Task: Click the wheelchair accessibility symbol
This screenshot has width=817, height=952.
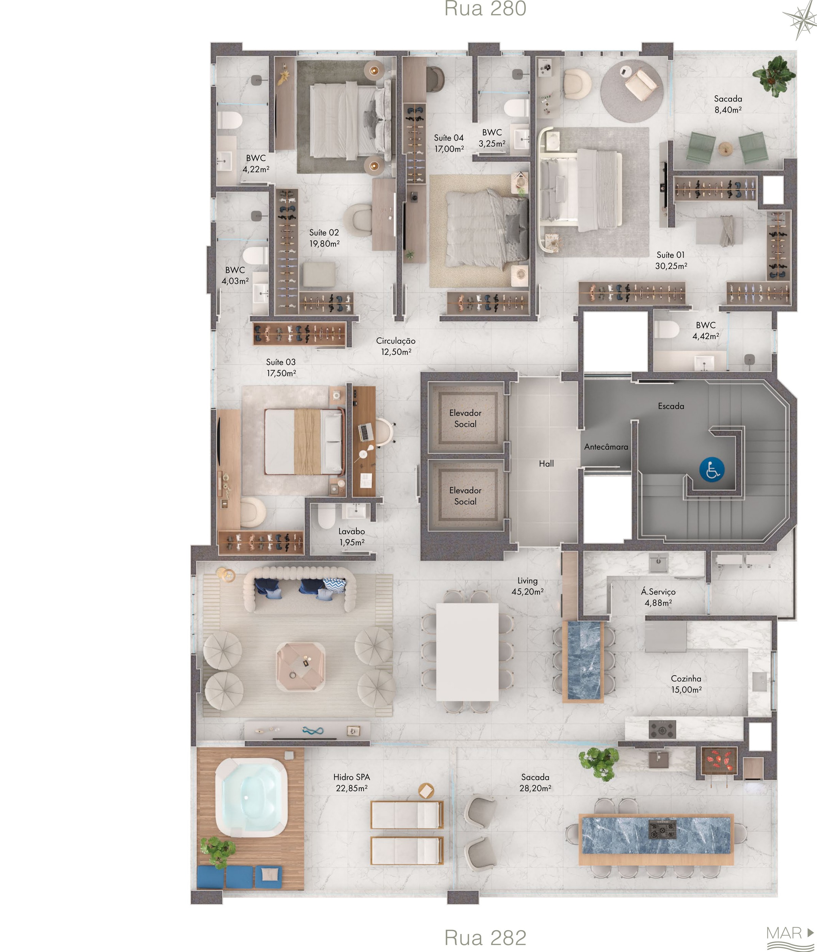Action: pyautogui.click(x=712, y=470)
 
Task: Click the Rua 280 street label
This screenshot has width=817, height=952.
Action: pyautogui.click(x=485, y=9)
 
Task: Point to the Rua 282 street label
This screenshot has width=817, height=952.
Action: pyautogui.click(x=485, y=938)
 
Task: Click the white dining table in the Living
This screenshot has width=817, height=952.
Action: pyautogui.click(x=467, y=652)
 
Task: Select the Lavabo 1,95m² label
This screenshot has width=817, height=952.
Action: pyautogui.click(x=352, y=537)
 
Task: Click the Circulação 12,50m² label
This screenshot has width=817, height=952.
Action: pyautogui.click(x=396, y=346)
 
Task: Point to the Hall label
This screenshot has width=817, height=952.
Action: pyautogui.click(x=546, y=464)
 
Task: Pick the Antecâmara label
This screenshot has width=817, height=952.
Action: pyautogui.click(x=606, y=447)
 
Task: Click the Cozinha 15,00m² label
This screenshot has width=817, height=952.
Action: pyautogui.click(x=686, y=684)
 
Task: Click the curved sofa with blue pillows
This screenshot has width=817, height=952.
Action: pyautogui.click(x=299, y=589)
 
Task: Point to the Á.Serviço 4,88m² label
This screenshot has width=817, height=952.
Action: pyautogui.click(x=658, y=597)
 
